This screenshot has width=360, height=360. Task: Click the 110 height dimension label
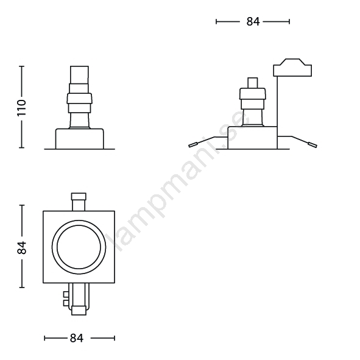click(x=22, y=108)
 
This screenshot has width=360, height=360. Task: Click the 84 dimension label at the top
click(x=253, y=22)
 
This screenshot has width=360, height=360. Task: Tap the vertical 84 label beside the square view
click(x=22, y=248)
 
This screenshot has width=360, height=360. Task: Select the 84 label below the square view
click(x=77, y=338)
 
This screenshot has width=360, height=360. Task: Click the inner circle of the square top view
click(x=79, y=225)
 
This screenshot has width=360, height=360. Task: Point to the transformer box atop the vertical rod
click(x=292, y=68)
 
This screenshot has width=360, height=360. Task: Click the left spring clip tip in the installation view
click(x=193, y=145)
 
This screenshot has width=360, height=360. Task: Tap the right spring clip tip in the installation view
click(x=313, y=145)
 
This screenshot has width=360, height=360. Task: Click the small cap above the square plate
click(x=79, y=196)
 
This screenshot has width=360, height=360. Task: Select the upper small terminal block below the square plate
click(x=66, y=295)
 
